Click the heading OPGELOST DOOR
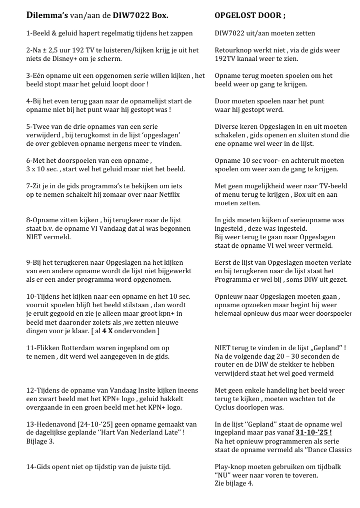coord(250,16)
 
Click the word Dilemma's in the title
coord(47,16)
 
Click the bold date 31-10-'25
coord(313,433)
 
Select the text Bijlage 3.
coord(40,441)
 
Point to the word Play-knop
coord(231,467)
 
